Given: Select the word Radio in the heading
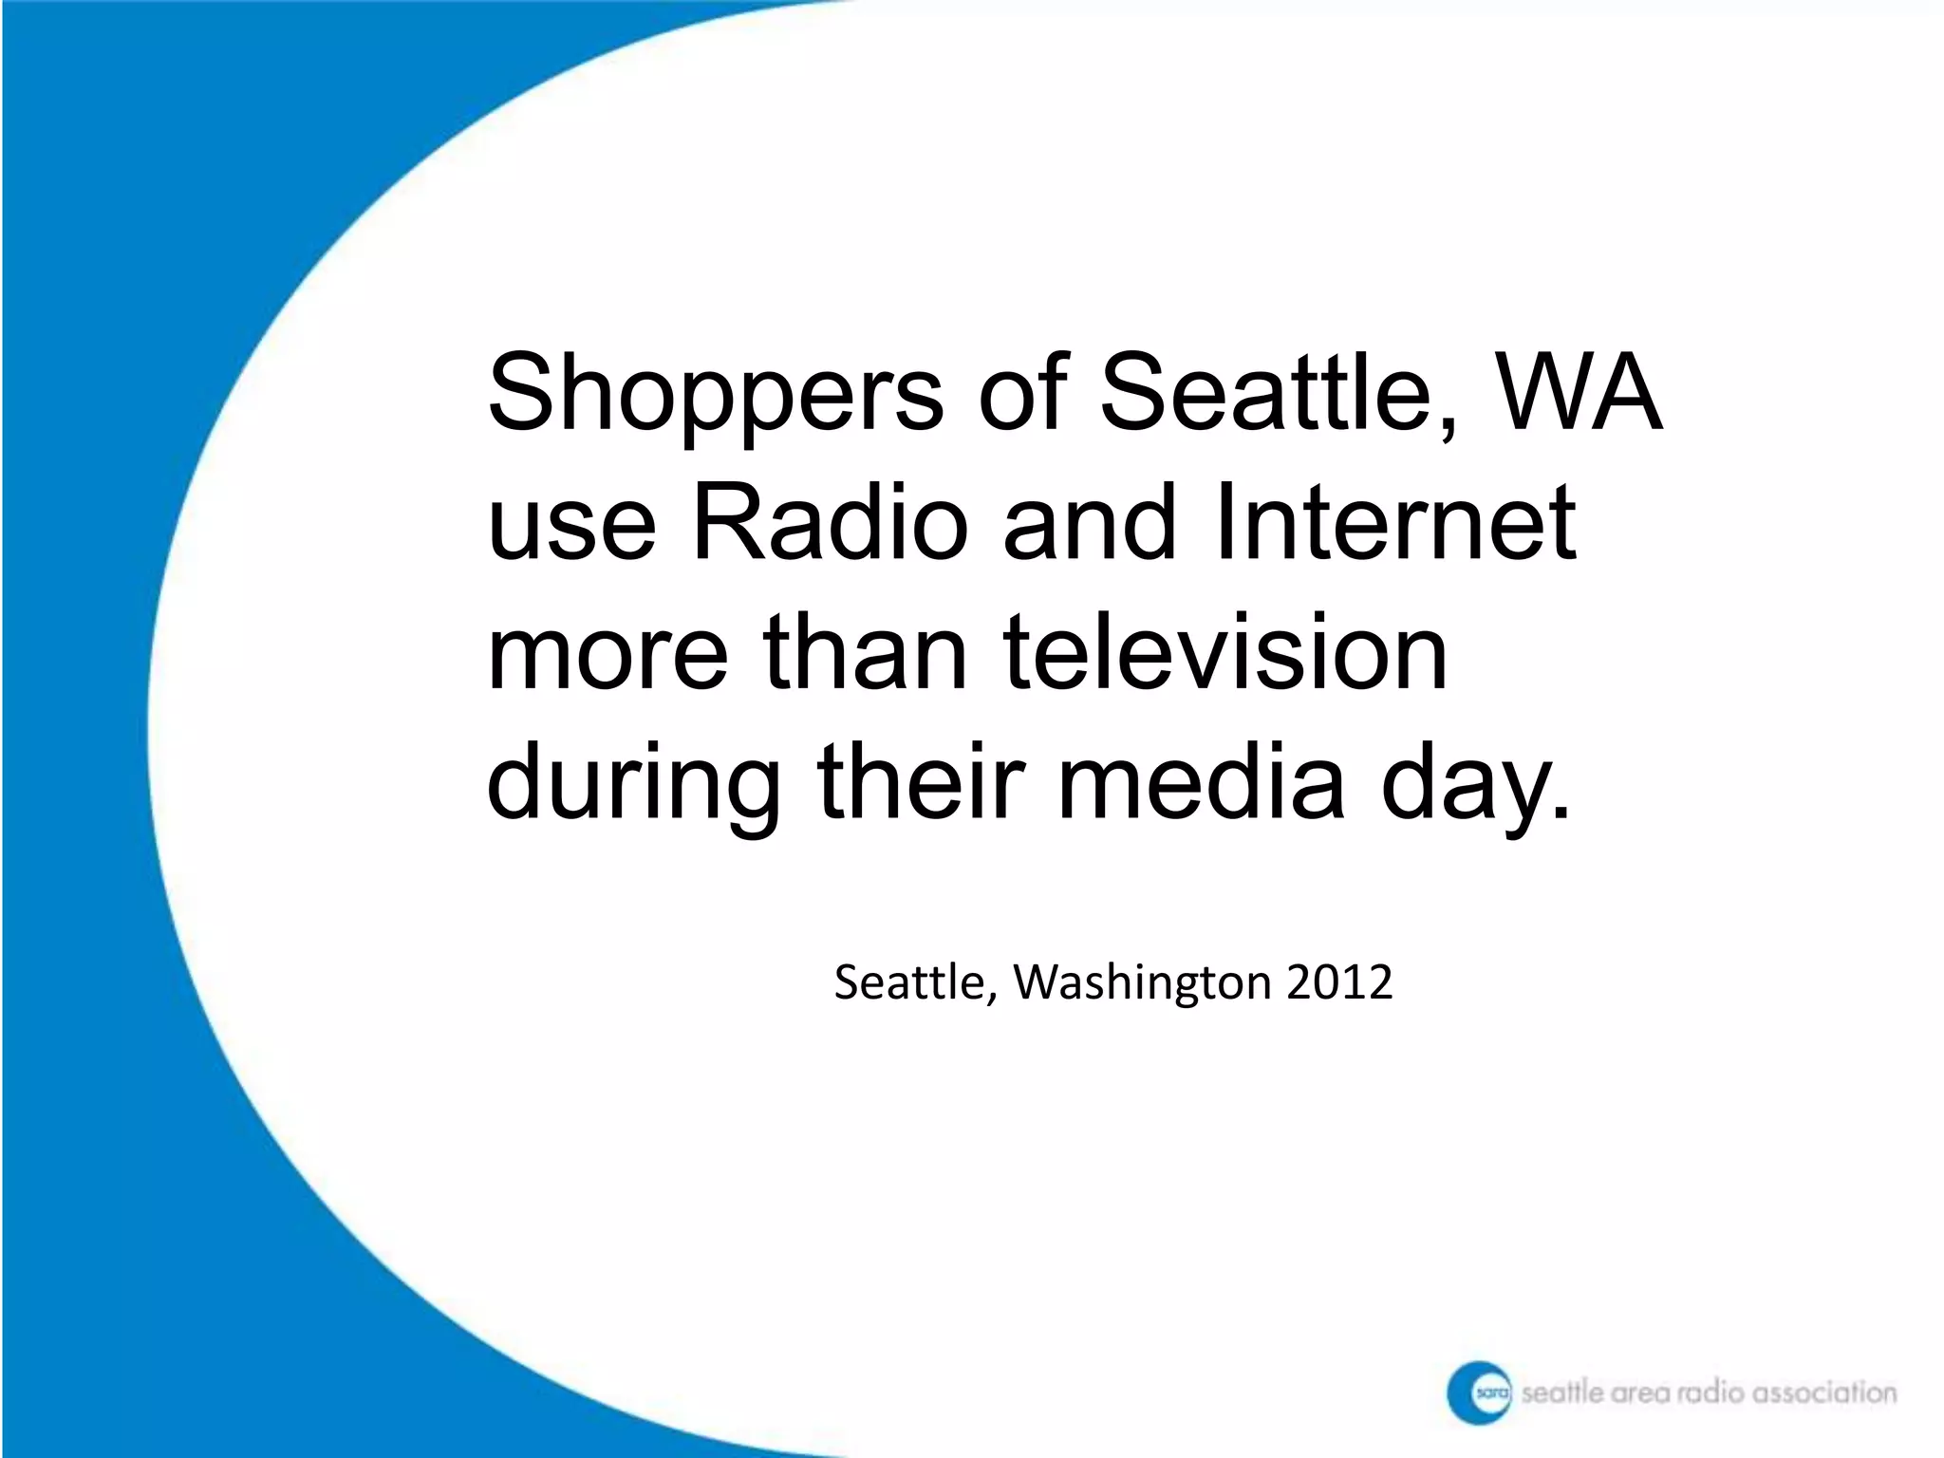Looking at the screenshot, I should [830, 522].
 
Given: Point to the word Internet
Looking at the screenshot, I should [1393, 522].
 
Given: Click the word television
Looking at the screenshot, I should [1224, 652].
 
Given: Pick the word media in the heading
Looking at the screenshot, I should [1201, 783].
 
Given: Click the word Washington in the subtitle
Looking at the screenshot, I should [1142, 982].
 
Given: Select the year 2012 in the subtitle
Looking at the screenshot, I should [1339, 982].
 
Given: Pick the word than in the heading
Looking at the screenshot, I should [864, 652].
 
